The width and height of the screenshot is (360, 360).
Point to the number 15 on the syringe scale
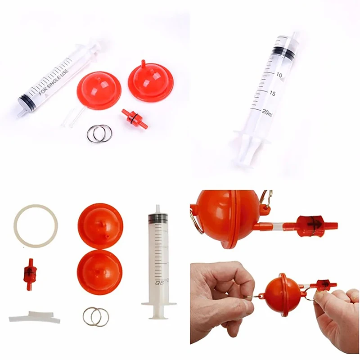273,94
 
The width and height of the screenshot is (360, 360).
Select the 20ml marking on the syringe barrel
266,112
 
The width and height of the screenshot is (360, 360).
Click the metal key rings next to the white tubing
96,316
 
